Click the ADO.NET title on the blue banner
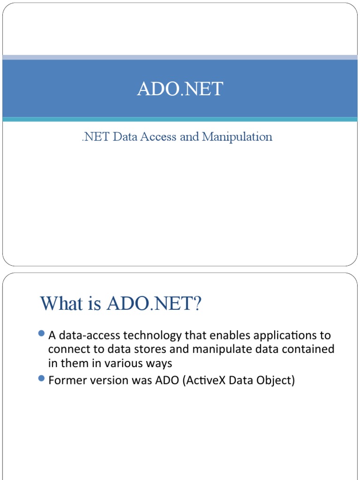[x=180, y=89]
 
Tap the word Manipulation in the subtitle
[x=238, y=137]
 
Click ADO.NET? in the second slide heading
[x=154, y=303]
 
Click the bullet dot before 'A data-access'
[x=41, y=334]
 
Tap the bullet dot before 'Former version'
[x=41, y=378]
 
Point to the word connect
[x=66, y=349]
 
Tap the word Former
[x=66, y=380]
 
